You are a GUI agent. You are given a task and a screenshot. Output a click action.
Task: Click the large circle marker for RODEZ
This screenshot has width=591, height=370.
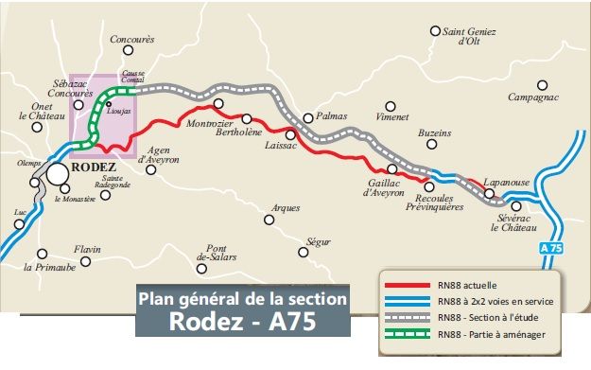click(58, 173)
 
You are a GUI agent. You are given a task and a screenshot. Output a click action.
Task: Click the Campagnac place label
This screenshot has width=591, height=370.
click(533, 97)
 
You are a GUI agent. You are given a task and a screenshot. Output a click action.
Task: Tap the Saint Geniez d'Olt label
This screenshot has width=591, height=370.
click(469, 36)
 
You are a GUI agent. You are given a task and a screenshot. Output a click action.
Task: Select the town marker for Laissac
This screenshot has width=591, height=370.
click(291, 135)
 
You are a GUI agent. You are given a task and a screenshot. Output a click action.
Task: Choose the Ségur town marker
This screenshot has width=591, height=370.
click(302, 253)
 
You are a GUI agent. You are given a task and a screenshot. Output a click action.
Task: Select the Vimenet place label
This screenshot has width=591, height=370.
click(391, 117)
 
